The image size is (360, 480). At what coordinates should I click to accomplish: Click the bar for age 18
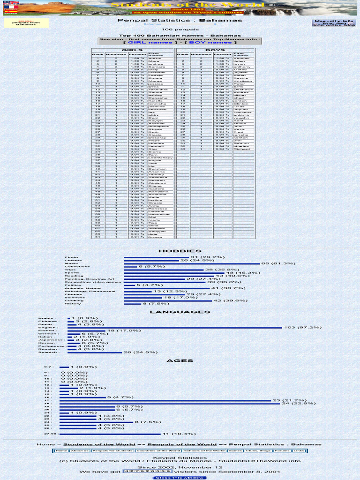169,403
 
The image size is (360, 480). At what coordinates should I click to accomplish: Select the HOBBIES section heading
180,251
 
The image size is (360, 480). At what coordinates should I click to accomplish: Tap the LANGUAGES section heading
180,312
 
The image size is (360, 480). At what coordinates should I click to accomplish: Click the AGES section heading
180,361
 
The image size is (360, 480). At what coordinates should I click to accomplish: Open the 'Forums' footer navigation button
282,451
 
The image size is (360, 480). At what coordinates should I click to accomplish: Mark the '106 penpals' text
180,30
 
